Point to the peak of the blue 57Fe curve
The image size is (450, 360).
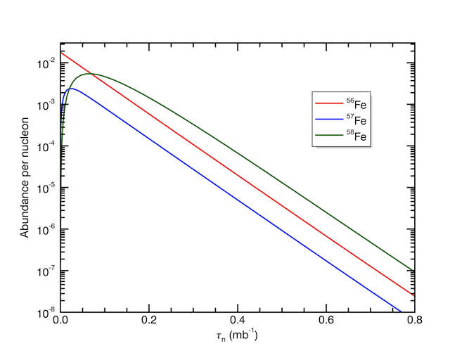[72, 89]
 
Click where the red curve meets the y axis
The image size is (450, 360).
[61, 52]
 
